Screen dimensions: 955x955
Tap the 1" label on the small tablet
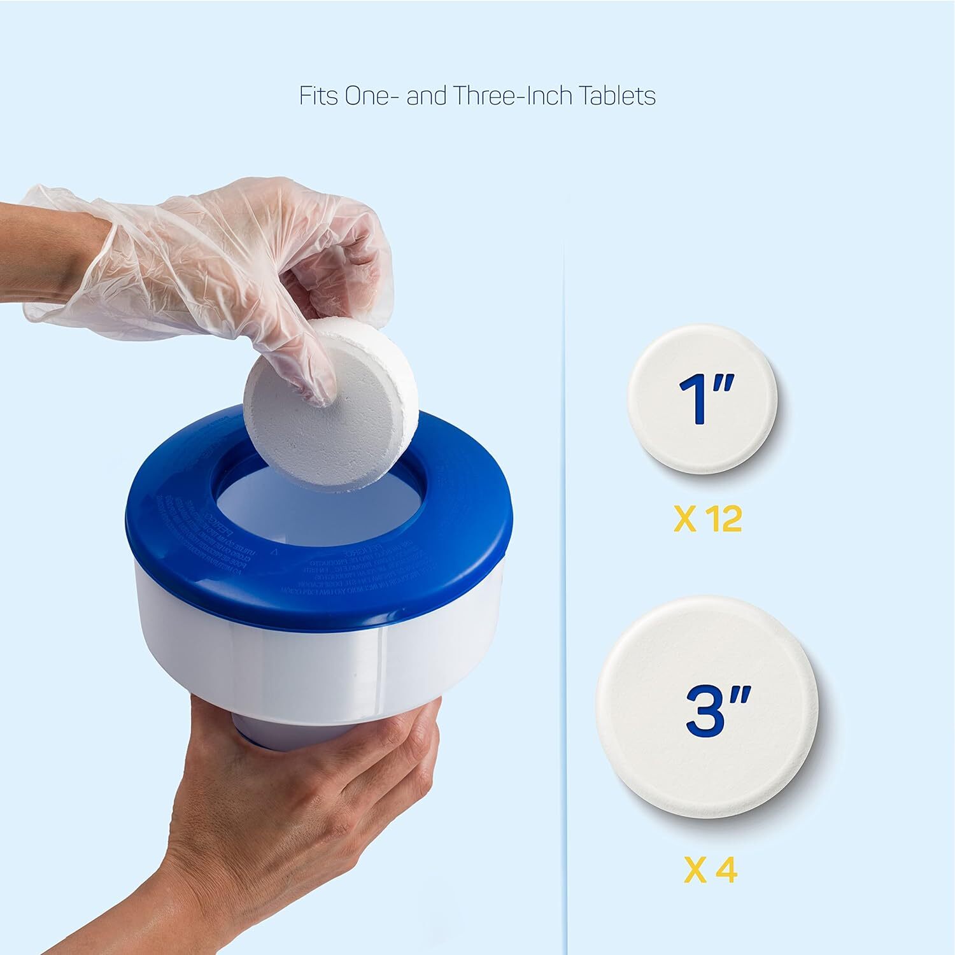(x=705, y=400)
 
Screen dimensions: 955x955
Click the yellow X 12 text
(x=707, y=520)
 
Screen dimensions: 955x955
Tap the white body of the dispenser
(x=318, y=662)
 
